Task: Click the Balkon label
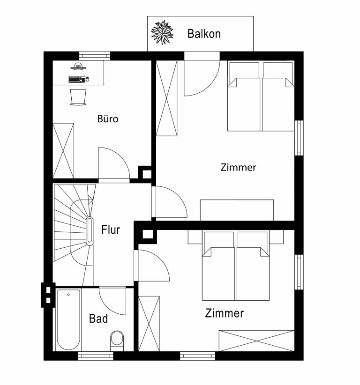(204, 34)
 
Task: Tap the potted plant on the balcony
(162, 33)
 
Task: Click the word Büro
(108, 119)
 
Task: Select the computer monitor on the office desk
(78, 66)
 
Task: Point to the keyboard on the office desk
(77, 79)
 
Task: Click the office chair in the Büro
(78, 97)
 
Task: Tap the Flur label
(111, 230)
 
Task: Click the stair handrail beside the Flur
(90, 231)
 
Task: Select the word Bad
(98, 318)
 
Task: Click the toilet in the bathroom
(117, 341)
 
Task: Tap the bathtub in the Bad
(68, 320)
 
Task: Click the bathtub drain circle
(68, 295)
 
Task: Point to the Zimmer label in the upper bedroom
(238, 168)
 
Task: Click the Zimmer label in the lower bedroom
(225, 313)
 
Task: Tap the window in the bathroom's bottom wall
(96, 356)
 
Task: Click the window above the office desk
(94, 56)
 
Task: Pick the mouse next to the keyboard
(88, 79)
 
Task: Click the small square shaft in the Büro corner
(147, 174)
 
